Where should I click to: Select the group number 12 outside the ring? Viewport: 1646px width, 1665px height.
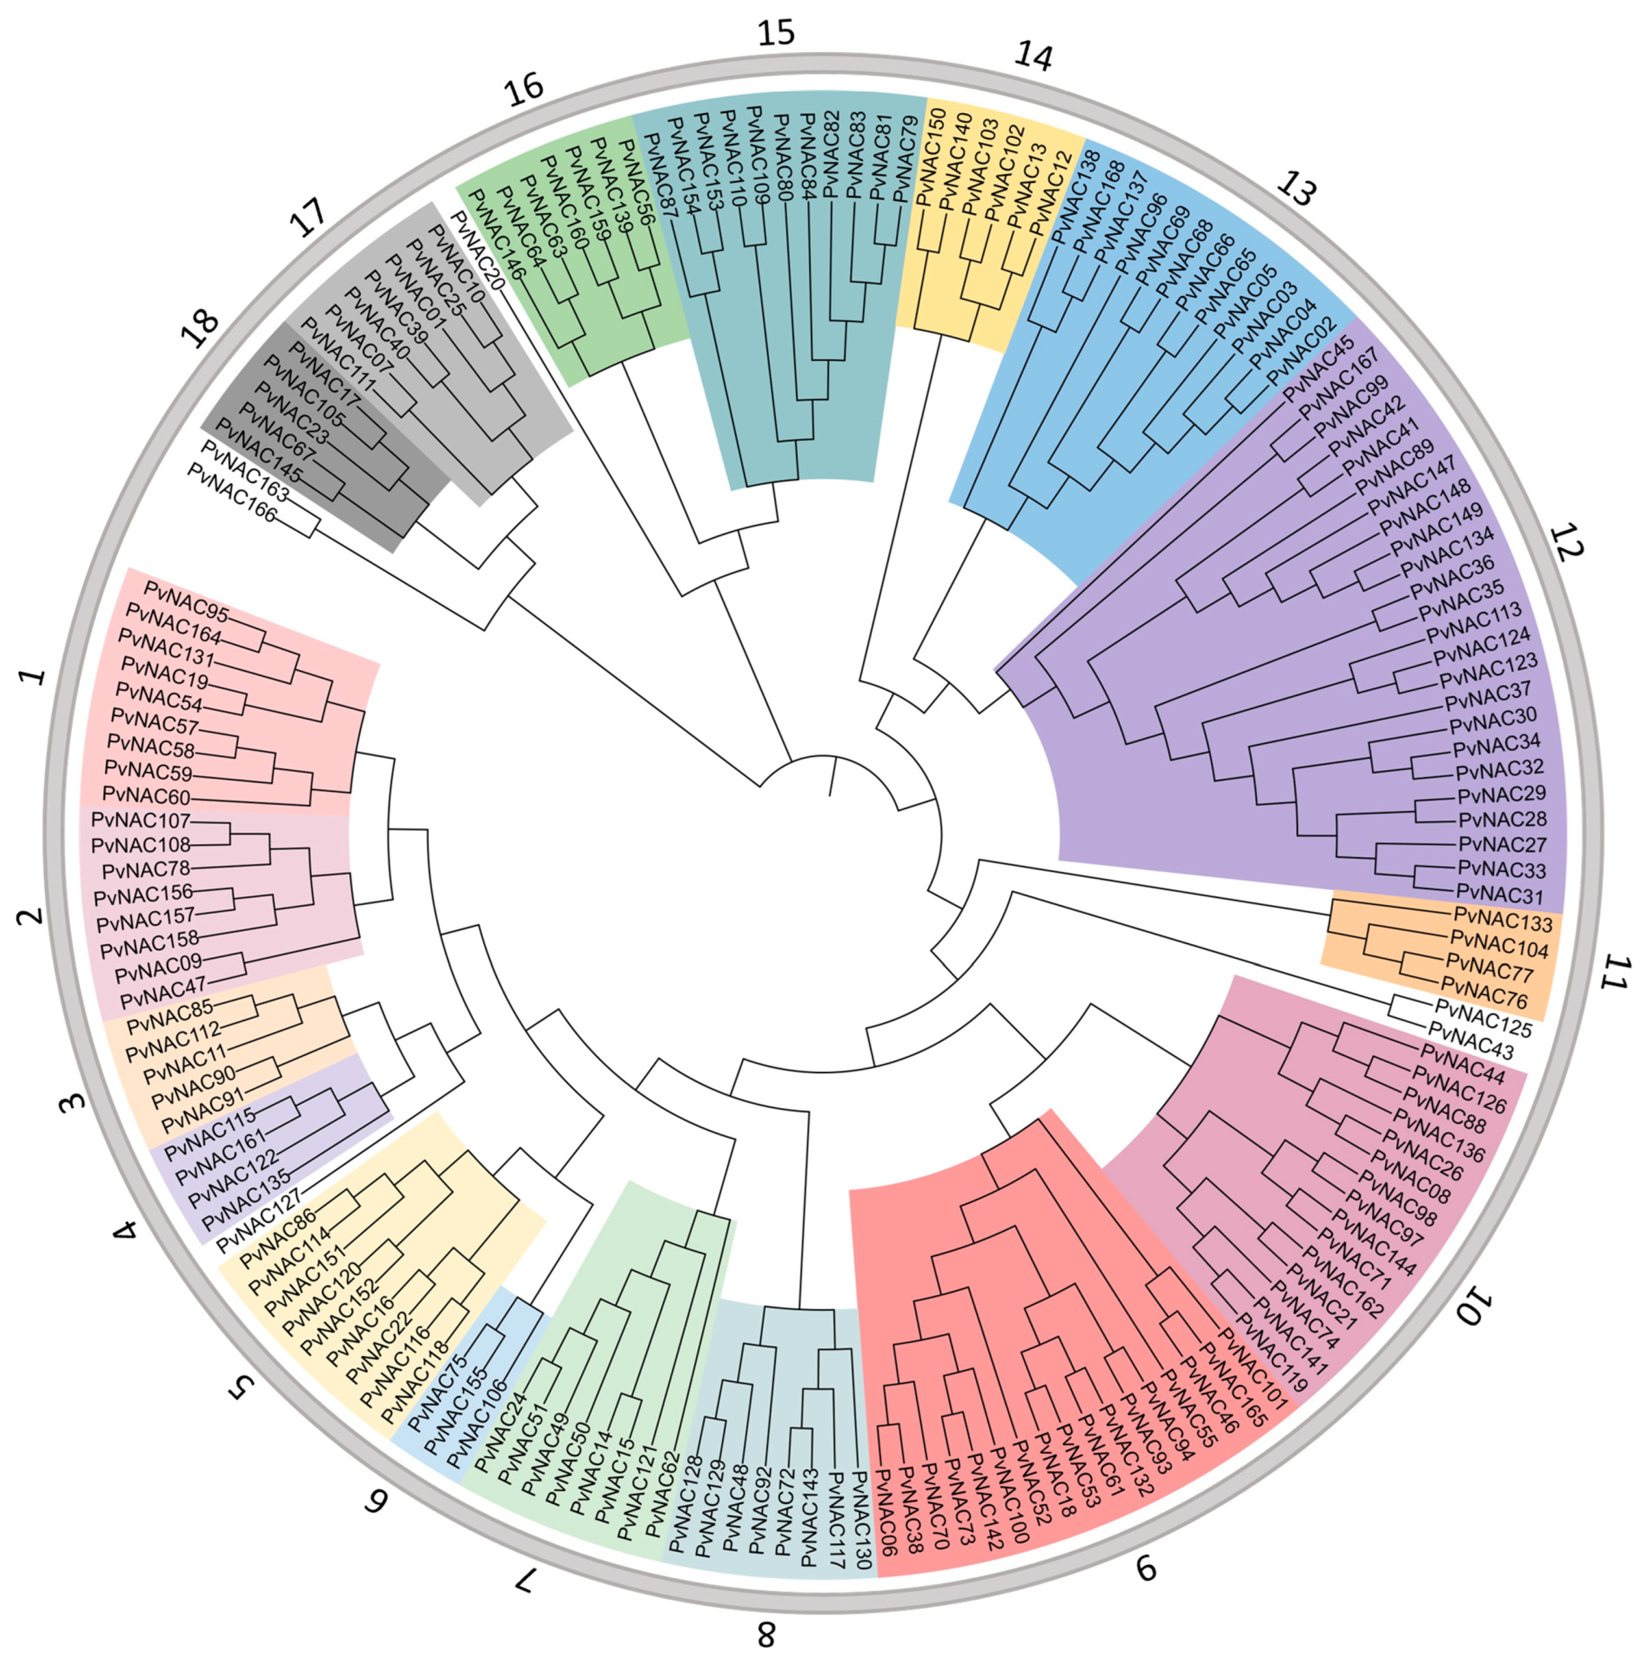pos(1566,543)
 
